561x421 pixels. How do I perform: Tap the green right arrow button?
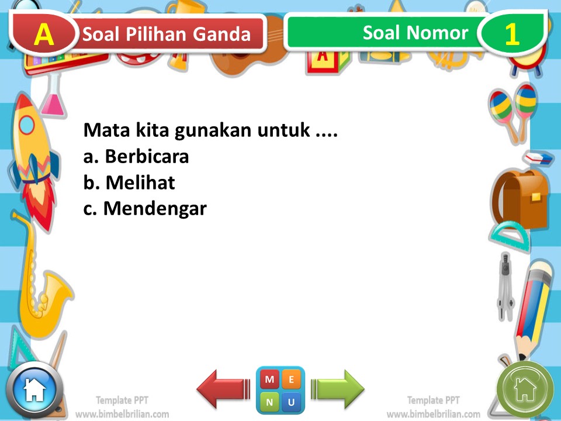[338, 389]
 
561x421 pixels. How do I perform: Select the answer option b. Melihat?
[129, 183]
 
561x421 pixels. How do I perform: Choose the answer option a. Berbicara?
[136, 157]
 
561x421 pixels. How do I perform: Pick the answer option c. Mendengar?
[145, 209]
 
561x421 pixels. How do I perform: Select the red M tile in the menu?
[269, 380]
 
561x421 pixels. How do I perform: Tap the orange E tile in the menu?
[291, 380]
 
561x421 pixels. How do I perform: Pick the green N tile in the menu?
[269, 402]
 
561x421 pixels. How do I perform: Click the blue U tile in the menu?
[291, 402]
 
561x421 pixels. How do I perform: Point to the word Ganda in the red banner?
[224, 34]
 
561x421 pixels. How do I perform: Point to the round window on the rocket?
[27, 125]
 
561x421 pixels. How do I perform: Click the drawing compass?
[505, 287]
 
